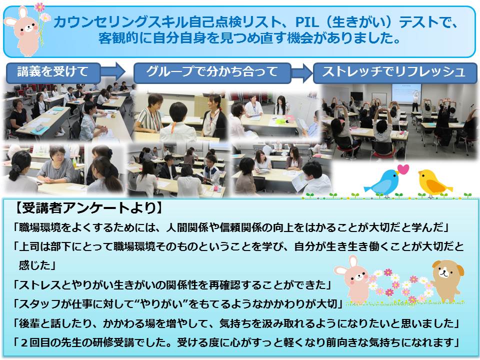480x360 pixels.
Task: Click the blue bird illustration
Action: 382,183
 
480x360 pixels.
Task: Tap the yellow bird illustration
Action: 433,183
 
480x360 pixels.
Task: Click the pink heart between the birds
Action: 403,169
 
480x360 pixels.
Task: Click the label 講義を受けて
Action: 52,71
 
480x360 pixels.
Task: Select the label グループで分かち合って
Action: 212,71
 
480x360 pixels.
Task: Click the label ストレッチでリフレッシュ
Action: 393,71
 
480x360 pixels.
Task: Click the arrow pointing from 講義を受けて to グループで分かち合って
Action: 113,72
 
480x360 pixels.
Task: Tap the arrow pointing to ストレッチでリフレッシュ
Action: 302,73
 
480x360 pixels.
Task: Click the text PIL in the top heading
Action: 306,22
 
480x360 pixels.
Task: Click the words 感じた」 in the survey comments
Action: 36,265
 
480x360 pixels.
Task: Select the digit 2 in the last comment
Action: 24,342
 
